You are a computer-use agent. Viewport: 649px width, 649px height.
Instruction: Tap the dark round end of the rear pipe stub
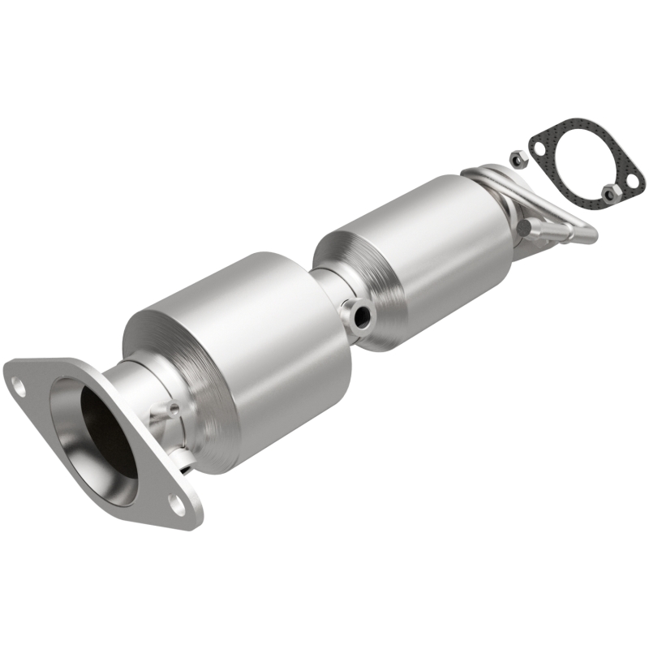coord(525,229)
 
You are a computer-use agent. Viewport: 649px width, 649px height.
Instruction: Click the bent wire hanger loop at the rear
coord(568,227)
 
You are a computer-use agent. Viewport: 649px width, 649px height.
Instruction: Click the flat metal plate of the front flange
coord(49,381)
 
